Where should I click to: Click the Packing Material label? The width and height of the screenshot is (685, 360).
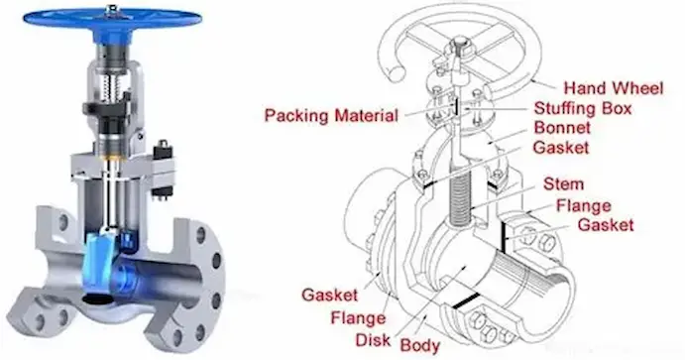click(x=330, y=115)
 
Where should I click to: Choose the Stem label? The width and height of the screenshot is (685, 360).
click(x=563, y=184)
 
